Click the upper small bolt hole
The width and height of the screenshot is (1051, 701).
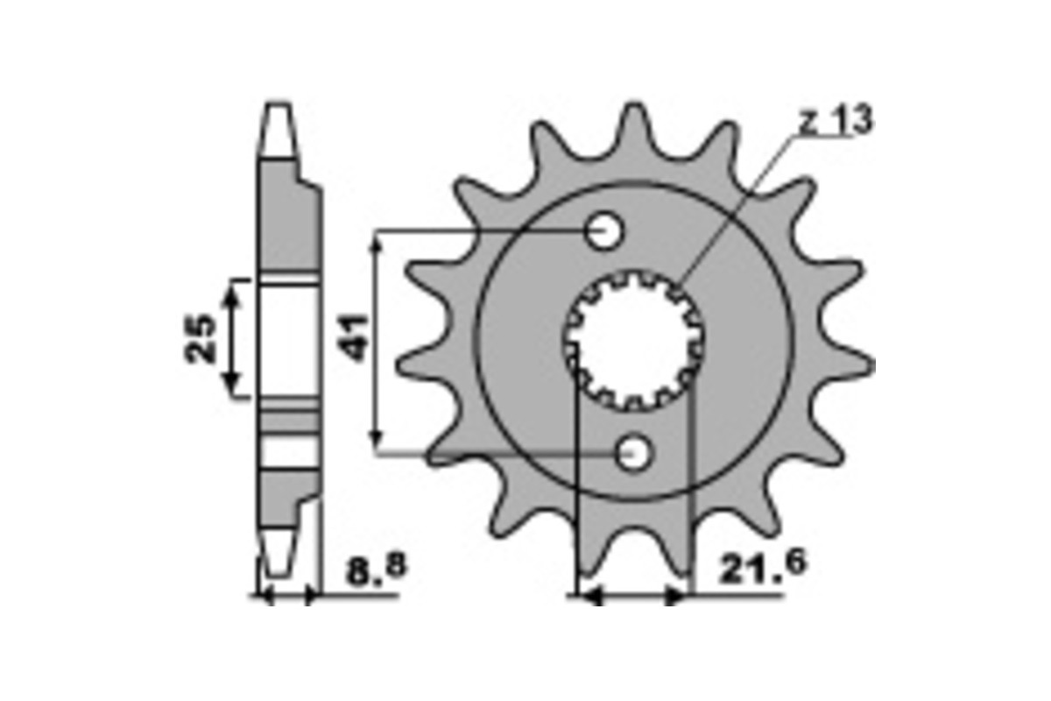coord(604,232)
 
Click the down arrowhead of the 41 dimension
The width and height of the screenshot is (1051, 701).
coord(377,443)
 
